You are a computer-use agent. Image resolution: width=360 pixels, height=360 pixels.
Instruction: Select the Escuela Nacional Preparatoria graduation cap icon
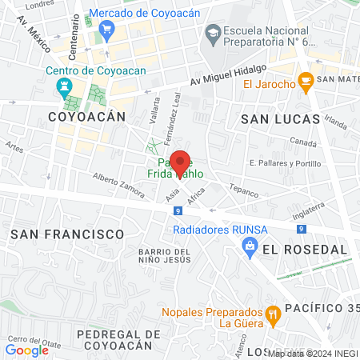point(213,32)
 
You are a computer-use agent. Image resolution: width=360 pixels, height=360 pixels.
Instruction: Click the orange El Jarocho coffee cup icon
point(305,80)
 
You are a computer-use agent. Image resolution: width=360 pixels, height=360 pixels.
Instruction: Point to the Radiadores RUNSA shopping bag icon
point(250,247)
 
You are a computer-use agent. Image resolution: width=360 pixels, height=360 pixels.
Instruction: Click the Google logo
point(26,350)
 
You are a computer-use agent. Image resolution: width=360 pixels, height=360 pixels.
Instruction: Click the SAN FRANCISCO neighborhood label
point(67,234)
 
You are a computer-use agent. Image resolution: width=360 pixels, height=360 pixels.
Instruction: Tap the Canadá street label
point(303,145)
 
